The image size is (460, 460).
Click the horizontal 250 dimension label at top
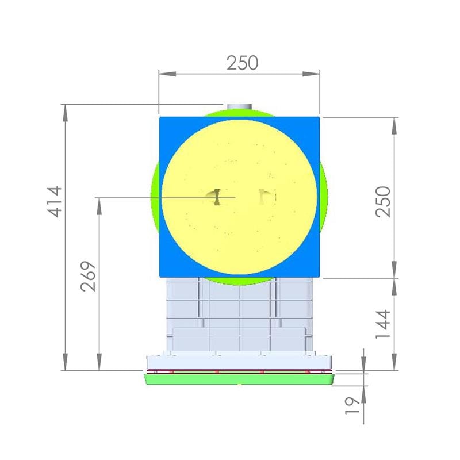point(242,63)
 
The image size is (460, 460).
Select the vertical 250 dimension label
point(384,202)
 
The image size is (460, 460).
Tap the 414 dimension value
point(55,202)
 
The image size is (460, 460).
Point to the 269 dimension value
point(88,276)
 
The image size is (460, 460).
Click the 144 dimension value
point(384,324)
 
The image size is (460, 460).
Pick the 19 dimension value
point(352,405)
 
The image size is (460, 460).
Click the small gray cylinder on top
point(239,106)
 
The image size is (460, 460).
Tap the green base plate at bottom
point(239,379)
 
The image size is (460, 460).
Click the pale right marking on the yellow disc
point(263,196)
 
